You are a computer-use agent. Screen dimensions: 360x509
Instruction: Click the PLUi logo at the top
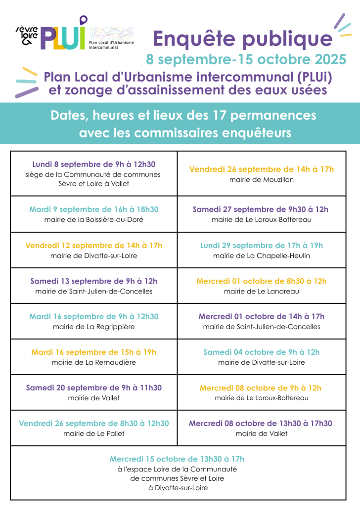point(63,34)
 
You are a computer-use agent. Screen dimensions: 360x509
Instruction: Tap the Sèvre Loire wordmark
point(27,35)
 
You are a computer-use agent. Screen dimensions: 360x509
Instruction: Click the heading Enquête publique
point(243,39)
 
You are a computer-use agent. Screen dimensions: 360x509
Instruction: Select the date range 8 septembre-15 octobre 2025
point(246,59)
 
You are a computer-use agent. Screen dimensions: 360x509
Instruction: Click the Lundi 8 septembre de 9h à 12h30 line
point(94,164)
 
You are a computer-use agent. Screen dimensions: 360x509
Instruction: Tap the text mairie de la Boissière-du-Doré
point(94,219)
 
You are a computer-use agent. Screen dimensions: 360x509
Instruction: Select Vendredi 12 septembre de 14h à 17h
point(94,246)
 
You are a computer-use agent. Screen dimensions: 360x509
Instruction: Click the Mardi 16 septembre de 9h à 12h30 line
point(94,316)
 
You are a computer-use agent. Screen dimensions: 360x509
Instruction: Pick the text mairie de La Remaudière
point(94,362)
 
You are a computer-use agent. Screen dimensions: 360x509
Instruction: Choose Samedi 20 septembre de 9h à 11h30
point(94,387)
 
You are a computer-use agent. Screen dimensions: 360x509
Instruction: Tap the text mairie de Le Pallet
point(94,433)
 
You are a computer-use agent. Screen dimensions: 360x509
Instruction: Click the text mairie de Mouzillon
point(262,179)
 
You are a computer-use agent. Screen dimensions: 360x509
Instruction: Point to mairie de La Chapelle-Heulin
point(262,256)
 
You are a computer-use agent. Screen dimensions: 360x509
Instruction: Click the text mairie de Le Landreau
point(262,292)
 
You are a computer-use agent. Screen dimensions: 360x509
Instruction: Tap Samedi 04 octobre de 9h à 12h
point(262,352)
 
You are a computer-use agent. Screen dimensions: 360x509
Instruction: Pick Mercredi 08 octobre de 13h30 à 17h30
point(261,424)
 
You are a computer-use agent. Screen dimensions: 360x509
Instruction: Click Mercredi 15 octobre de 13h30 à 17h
point(177,459)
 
